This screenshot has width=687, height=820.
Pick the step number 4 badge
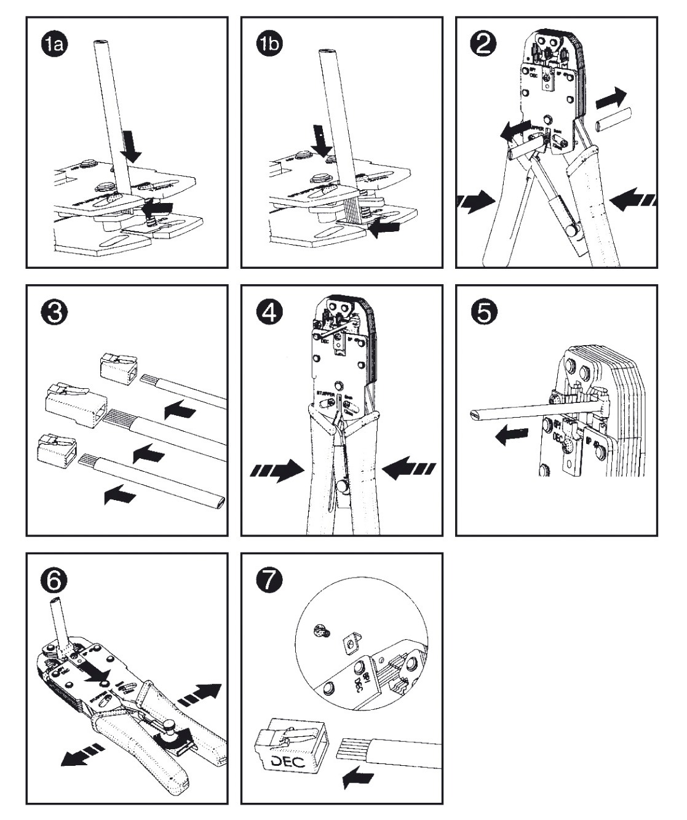[x=269, y=312]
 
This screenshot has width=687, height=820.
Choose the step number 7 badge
[x=269, y=581]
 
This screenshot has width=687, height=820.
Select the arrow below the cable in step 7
[x=359, y=778]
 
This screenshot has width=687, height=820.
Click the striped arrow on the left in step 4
[x=277, y=470]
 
